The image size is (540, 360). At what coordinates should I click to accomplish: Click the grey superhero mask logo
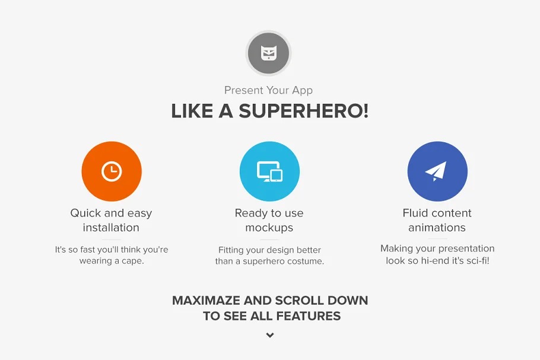coord(269,53)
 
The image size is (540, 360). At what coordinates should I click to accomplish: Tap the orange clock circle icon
coord(112,171)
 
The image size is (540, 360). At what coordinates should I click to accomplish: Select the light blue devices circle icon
coord(269,171)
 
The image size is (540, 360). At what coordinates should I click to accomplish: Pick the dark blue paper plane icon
coord(437,171)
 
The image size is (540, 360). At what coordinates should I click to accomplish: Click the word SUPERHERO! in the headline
coord(304,111)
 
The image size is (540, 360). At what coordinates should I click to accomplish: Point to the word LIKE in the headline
coord(192,111)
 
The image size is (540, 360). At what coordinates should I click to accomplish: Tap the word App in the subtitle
coord(303,91)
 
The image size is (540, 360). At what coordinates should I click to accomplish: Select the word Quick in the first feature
coord(85,213)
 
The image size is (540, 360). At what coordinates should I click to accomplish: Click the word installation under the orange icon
coord(111,228)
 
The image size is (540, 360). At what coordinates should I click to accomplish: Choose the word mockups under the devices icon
coord(269,228)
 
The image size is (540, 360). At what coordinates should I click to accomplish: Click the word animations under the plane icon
coord(437,228)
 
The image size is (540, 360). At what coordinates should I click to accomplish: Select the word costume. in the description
coord(307,261)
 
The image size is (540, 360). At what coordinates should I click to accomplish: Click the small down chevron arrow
coord(270,335)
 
